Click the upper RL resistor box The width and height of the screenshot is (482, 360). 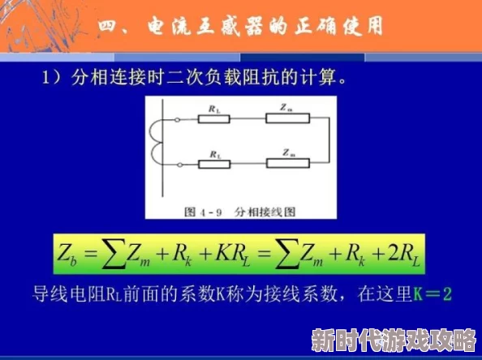coord(215,119)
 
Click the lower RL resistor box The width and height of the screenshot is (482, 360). coord(215,163)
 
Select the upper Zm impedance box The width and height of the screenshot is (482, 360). coord(289,119)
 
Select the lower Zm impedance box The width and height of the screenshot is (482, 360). coord(289,163)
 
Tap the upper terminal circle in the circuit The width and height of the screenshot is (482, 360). coord(176,120)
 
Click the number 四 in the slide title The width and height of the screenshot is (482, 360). coord(111,26)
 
